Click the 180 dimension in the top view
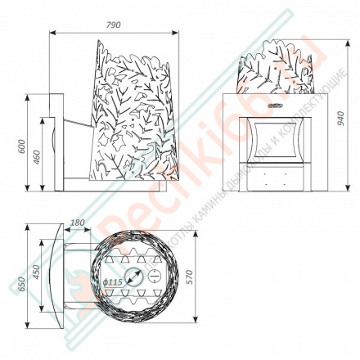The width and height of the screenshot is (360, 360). click(78, 223)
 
